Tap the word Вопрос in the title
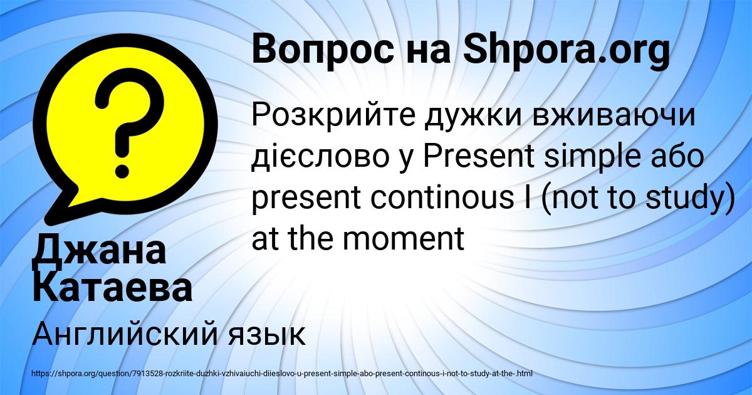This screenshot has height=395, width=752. [x=323, y=51]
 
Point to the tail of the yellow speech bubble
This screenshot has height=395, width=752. [x=62, y=208]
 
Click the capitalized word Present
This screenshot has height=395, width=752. [x=478, y=155]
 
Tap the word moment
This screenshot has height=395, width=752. [x=403, y=238]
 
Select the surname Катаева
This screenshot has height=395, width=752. [x=112, y=289]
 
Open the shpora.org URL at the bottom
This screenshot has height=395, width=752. [x=283, y=374]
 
